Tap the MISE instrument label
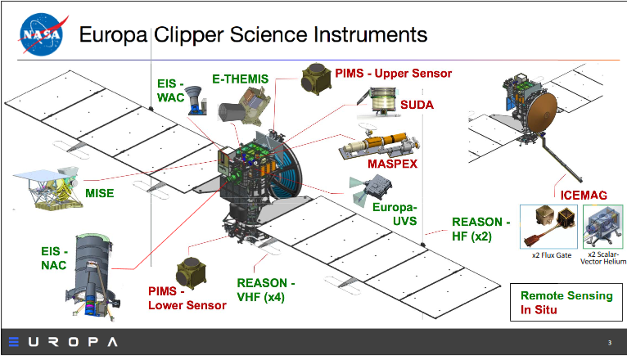[x=100, y=193]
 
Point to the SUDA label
[x=417, y=106]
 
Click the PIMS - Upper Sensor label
[x=394, y=73]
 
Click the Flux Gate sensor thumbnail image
[x=547, y=226]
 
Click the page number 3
[x=609, y=342]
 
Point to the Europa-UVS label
[x=395, y=214]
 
